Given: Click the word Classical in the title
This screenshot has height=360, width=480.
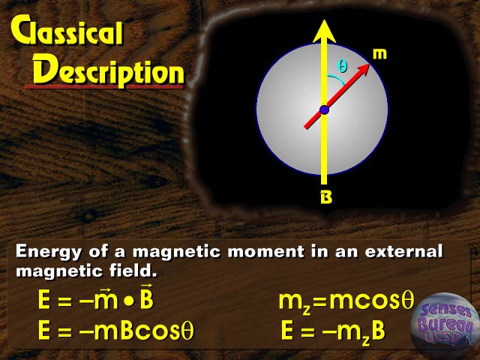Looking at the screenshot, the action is pyautogui.click(x=67, y=31).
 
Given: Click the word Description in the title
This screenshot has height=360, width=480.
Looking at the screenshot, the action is pyautogui.click(x=109, y=71).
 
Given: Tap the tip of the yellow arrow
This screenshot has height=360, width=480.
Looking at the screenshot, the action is pyautogui.click(x=324, y=20).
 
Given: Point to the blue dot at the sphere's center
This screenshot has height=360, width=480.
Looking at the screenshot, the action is pyautogui.click(x=324, y=109).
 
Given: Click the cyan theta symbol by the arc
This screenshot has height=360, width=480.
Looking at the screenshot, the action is pyautogui.click(x=342, y=66).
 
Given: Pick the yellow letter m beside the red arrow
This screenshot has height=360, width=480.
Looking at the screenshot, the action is pyautogui.click(x=379, y=54).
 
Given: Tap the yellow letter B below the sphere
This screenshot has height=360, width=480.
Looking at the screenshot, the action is pyautogui.click(x=326, y=197).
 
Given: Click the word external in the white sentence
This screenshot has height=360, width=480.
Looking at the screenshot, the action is pyautogui.click(x=403, y=251).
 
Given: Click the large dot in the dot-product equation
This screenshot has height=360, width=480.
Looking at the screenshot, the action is pyautogui.click(x=129, y=301).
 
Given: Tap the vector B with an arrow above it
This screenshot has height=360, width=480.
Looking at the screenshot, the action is pyautogui.click(x=147, y=297).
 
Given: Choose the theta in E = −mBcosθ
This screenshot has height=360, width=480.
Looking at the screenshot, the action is pyautogui.click(x=187, y=331).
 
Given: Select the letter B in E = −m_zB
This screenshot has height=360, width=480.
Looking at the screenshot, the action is pyautogui.click(x=378, y=331).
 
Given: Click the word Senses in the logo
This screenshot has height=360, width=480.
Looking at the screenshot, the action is pyautogui.click(x=446, y=310).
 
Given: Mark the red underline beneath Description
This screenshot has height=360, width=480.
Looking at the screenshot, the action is pyautogui.click(x=104, y=87).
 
